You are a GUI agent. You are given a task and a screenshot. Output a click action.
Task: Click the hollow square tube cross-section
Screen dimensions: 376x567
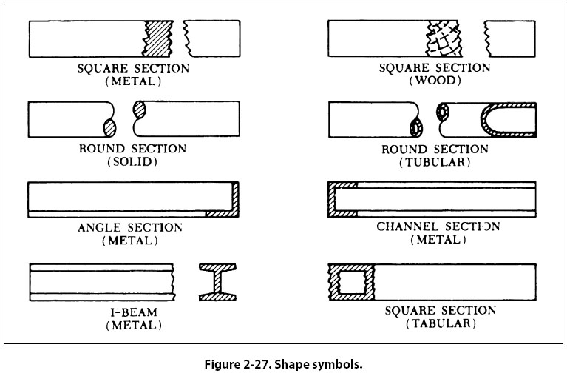(x=351, y=282)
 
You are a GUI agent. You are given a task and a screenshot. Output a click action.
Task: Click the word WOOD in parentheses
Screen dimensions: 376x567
(x=434, y=81)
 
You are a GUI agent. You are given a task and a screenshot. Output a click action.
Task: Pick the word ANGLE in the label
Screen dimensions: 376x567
(x=99, y=227)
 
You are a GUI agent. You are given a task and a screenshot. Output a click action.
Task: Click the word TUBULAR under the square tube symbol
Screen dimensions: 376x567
(x=440, y=323)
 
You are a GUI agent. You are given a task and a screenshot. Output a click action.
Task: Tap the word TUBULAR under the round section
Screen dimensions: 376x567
(x=434, y=162)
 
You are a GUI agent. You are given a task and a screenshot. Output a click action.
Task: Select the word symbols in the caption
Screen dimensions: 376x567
(x=339, y=364)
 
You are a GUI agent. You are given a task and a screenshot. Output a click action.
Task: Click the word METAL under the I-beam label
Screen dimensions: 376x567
(x=133, y=324)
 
